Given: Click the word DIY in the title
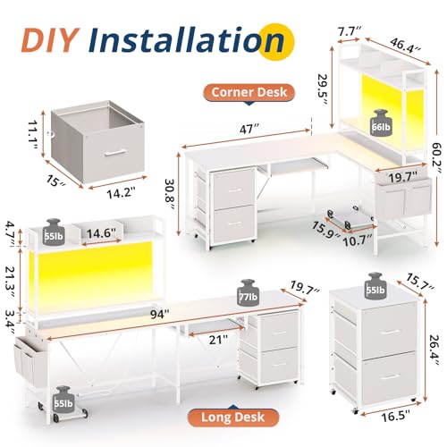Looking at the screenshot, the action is pyautogui.click(x=50, y=40).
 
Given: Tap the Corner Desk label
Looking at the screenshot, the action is pyautogui.click(x=249, y=92).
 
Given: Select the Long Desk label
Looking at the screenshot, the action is pyautogui.click(x=232, y=417).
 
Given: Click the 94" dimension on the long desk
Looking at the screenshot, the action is pyautogui.click(x=159, y=314).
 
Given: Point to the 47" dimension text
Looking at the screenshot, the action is pyautogui.click(x=249, y=130).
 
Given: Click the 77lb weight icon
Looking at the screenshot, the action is pyautogui.click(x=249, y=292).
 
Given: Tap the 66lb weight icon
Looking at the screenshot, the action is pyautogui.click(x=381, y=123).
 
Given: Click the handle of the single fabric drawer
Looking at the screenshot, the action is pyautogui.click(x=115, y=152).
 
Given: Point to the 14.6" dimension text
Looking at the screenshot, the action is pyautogui.click(x=101, y=233).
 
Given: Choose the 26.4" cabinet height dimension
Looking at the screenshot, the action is pyautogui.click(x=434, y=350).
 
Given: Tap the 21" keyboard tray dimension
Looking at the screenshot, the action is pyautogui.click(x=218, y=340).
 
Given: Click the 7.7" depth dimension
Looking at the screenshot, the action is pyautogui.click(x=350, y=31).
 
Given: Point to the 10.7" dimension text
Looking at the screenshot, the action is pyautogui.click(x=358, y=240).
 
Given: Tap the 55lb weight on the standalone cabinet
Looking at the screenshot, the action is pyautogui.click(x=376, y=285).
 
